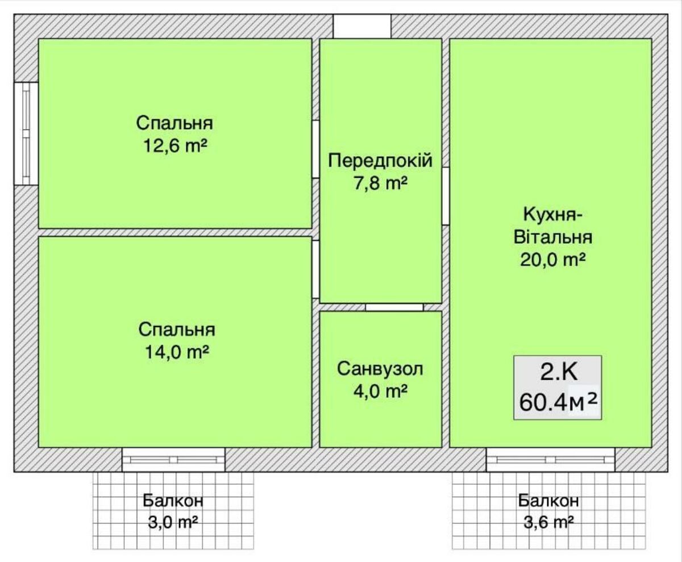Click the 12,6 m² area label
point(176,145)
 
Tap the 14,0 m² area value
point(177,352)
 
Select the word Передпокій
point(380,161)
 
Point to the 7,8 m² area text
point(381,183)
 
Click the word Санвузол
point(380,369)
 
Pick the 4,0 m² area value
point(381,391)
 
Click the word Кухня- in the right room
point(553,215)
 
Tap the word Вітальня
point(553,237)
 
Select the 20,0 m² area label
point(552,260)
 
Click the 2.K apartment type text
point(559,373)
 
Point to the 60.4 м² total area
point(559,403)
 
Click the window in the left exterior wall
point(26,134)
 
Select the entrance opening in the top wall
point(362,26)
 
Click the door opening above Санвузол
point(394,307)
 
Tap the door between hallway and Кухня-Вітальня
point(446,196)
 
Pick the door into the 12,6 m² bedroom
point(315,149)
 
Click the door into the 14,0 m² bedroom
point(315,269)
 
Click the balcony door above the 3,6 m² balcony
point(551,460)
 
